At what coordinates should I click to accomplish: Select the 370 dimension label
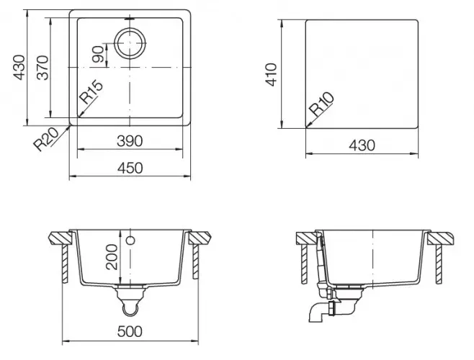click(43, 68)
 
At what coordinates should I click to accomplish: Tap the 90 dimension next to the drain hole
click(98, 53)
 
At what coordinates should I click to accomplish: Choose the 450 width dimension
click(130, 168)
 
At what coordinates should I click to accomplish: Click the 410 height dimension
click(272, 73)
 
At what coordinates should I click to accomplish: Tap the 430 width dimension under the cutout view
click(362, 145)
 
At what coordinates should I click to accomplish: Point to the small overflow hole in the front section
click(131, 239)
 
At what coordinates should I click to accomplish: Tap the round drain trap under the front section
click(130, 307)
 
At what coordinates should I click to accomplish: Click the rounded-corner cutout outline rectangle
click(362, 73)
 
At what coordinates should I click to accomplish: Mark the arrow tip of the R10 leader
click(305, 127)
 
